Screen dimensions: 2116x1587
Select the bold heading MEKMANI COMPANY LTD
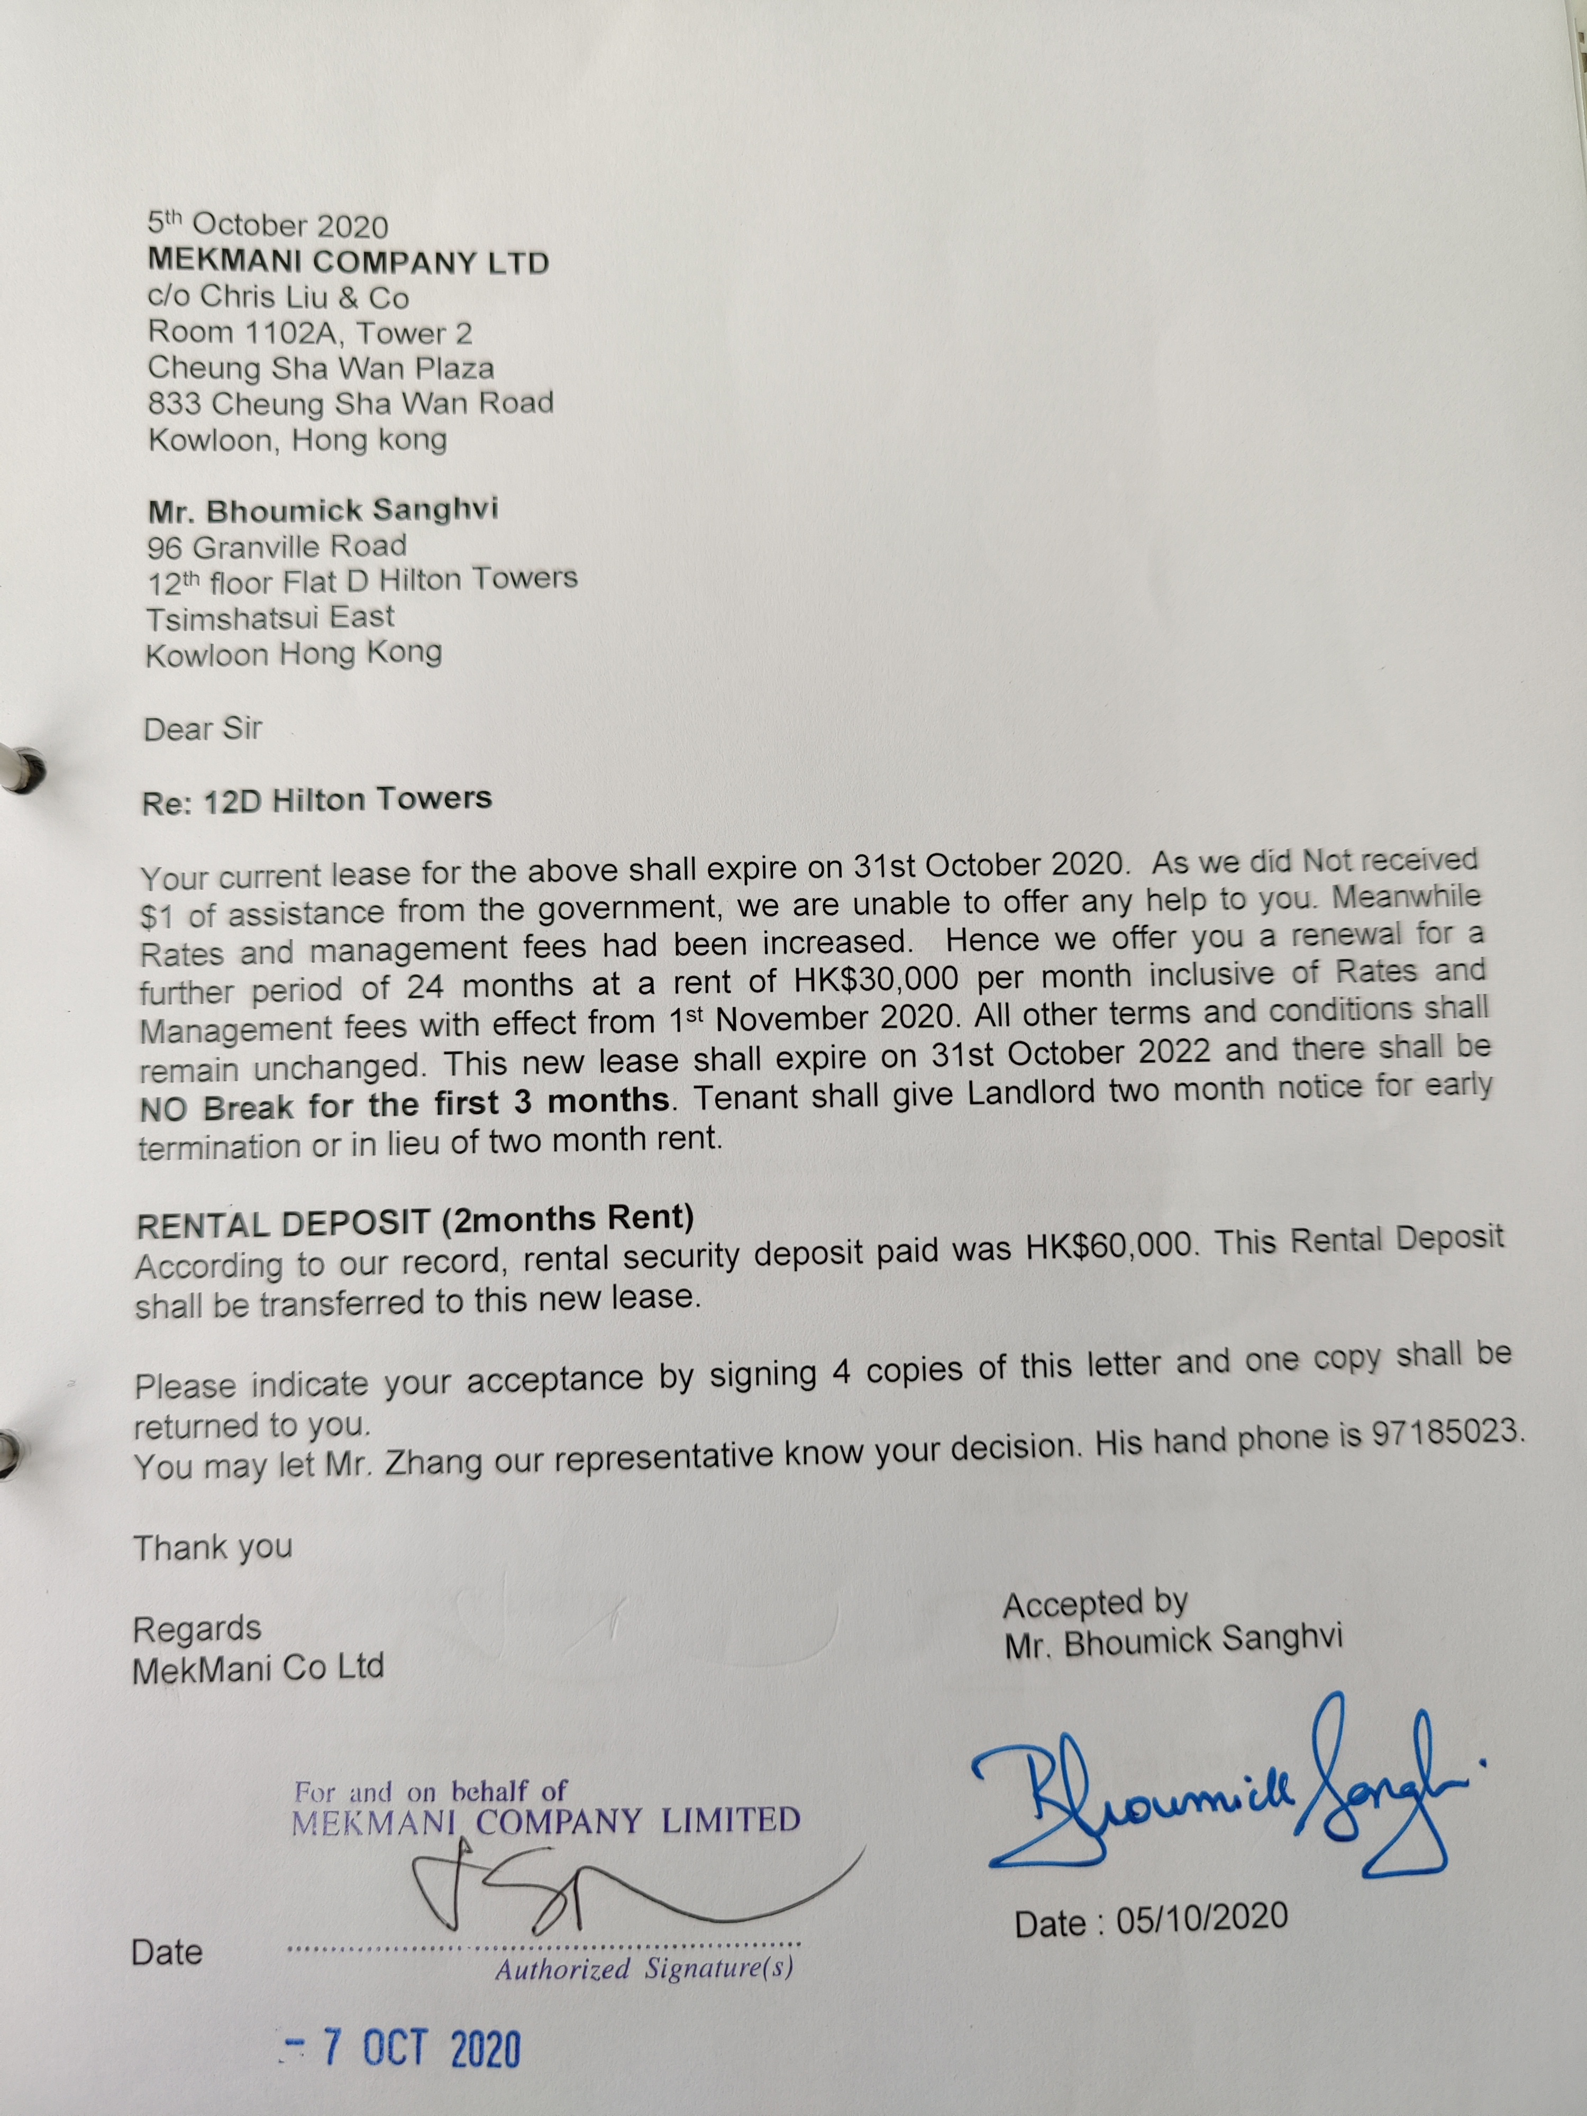tap(348, 261)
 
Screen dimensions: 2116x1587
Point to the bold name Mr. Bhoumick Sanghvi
tap(322, 510)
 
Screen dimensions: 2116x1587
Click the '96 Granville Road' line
tap(277, 546)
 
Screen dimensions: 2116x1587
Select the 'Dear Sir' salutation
tap(203, 729)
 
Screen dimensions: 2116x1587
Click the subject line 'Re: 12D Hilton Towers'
tap(317, 800)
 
